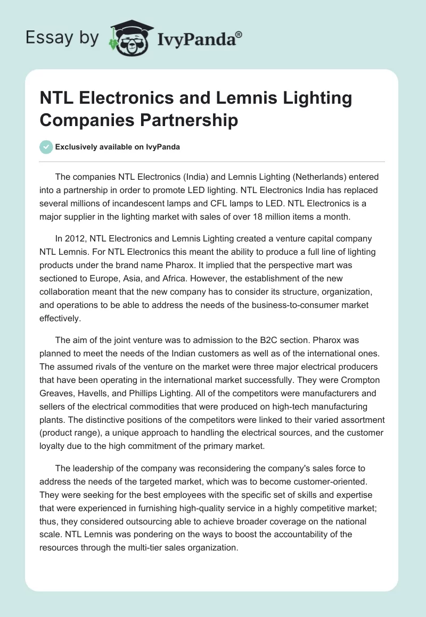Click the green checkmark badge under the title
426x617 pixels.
46,147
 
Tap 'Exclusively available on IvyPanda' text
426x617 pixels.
117,147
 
